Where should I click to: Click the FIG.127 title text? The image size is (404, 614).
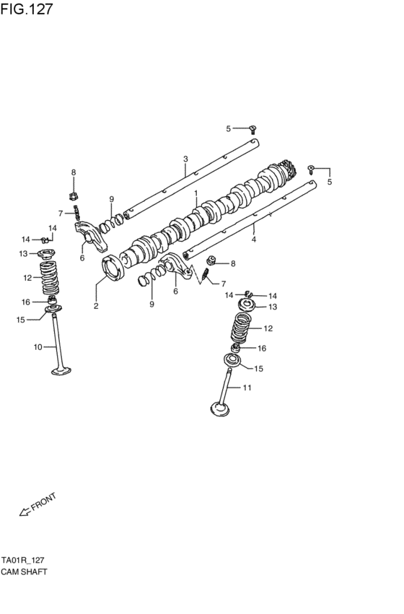coord(27,9)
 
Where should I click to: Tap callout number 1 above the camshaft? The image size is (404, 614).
coord(195,193)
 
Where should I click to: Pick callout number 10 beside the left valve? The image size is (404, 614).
coord(38,347)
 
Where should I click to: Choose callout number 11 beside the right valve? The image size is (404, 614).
coord(247,388)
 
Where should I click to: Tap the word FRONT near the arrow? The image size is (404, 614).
coord(44,501)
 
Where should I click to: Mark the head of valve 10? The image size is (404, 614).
coord(61,372)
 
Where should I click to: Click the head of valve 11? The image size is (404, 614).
coord(220,410)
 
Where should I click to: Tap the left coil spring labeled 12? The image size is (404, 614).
coord(48,278)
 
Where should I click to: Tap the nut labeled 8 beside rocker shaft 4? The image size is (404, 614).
coord(211,261)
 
